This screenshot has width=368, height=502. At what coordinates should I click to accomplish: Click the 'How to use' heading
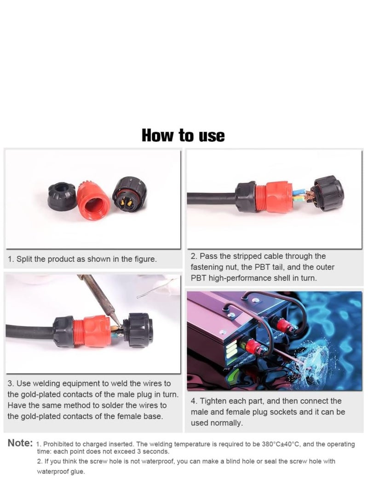[183, 136]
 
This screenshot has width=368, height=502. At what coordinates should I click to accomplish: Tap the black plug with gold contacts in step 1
[129, 195]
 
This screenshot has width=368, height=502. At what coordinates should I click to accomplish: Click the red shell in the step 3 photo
[92, 330]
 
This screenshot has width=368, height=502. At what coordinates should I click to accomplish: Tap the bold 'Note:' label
[20, 443]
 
